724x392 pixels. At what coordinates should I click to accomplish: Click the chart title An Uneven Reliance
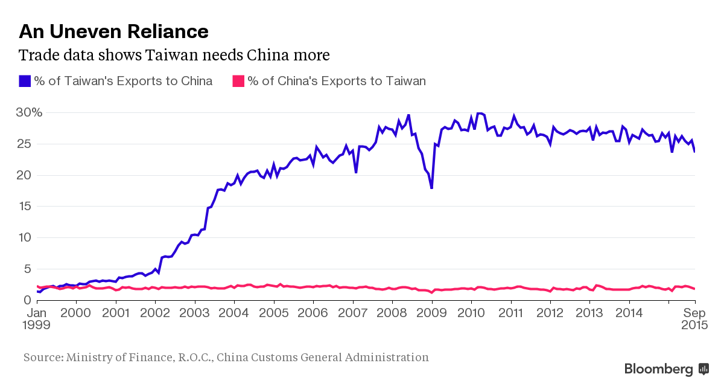click(x=114, y=31)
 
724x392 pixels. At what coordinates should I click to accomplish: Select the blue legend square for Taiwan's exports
click(x=24, y=81)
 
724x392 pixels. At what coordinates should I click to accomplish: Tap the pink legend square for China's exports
click(x=238, y=81)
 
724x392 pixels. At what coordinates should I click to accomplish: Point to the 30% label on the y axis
click(x=28, y=112)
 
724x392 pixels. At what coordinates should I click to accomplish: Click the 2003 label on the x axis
click(x=195, y=313)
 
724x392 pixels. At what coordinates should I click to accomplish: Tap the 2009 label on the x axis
click(x=432, y=313)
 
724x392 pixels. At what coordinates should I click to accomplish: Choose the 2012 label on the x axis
click(x=550, y=313)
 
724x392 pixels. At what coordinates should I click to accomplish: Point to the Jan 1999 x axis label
click(x=37, y=318)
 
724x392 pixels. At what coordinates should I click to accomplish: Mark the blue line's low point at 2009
click(x=432, y=188)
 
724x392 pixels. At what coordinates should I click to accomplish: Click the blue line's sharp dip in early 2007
click(x=356, y=172)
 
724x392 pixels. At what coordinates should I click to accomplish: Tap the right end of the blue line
click(x=694, y=151)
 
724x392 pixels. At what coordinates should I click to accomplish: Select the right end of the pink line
click(x=694, y=289)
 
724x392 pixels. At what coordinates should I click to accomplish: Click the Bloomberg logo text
click(x=658, y=369)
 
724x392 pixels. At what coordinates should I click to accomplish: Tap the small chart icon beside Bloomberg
click(x=703, y=368)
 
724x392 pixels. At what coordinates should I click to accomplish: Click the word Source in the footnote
click(x=42, y=357)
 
